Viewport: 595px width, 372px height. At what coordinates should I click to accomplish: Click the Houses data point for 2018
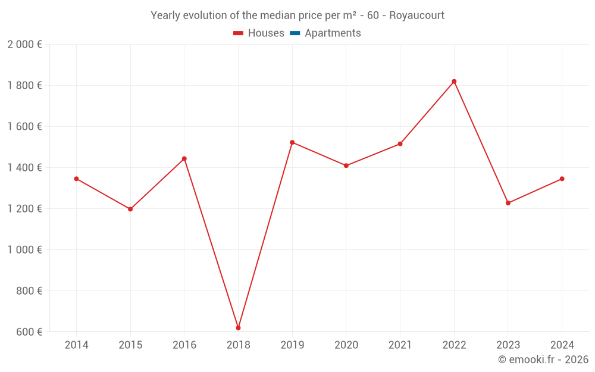238,328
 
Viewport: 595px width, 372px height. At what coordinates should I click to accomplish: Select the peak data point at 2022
454,82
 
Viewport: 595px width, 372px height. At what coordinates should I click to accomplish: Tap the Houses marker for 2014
76,179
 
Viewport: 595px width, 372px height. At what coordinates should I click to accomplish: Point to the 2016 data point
184,159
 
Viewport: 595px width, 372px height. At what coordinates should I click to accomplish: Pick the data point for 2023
508,203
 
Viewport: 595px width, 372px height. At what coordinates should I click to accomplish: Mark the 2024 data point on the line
562,179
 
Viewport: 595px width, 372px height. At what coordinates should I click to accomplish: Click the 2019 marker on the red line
292,142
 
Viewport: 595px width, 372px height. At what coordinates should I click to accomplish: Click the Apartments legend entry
333,33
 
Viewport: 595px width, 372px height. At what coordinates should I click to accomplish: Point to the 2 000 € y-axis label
24,45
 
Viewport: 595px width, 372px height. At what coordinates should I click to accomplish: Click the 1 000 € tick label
24,250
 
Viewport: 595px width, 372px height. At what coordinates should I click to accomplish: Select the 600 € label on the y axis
28,332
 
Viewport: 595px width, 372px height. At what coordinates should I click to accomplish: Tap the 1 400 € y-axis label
24,168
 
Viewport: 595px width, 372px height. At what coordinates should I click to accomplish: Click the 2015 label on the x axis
130,345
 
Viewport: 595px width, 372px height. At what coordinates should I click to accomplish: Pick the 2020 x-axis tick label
346,345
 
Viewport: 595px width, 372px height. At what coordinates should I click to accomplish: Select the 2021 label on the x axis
400,345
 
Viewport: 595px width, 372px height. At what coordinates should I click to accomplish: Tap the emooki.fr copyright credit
543,360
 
